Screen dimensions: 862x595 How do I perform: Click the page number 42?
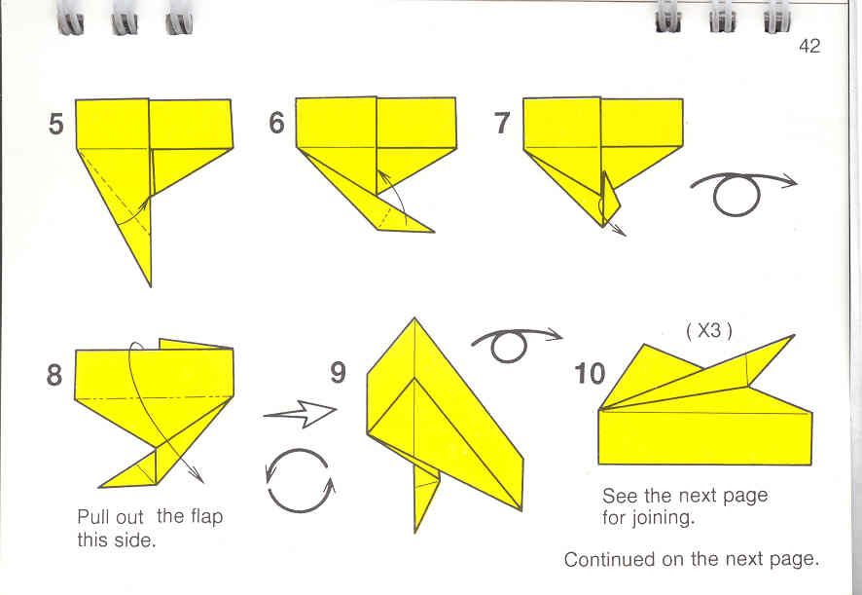(809, 46)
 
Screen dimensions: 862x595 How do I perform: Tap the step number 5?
(56, 124)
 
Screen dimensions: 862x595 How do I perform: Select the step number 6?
(276, 122)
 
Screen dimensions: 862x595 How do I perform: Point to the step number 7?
(502, 123)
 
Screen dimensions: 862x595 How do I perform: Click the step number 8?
(54, 375)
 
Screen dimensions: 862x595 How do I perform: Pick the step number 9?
(338, 372)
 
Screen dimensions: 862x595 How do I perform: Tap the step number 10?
(590, 374)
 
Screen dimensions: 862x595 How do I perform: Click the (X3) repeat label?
(709, 330)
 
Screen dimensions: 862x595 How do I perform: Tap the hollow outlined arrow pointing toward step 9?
(301, 414)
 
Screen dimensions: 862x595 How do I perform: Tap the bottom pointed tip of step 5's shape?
(151, 285)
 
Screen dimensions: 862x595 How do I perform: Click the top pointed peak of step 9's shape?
(414, 318)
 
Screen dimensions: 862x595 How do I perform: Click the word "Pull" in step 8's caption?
(90, 517)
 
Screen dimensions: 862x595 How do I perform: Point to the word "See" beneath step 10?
(620, 496)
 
